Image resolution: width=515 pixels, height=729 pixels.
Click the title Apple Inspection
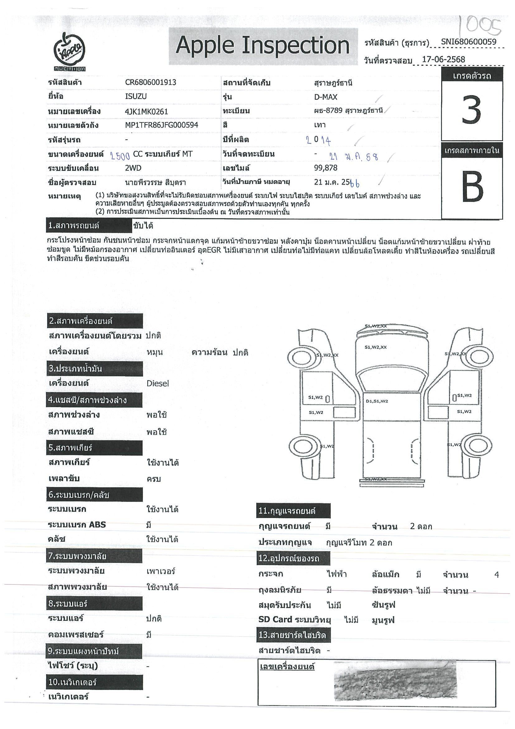(262, 45)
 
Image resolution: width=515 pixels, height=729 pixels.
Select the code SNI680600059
(468, 42)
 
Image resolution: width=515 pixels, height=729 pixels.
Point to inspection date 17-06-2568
(443, 60)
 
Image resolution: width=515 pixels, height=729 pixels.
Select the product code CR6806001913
(150, 83)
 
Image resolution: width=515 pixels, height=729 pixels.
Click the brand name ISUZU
(136, 97)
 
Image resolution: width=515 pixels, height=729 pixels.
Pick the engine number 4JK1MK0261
(146, 112)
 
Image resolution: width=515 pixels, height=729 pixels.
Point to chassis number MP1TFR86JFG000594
(162, 125)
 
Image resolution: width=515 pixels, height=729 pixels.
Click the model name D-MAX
(326, 97)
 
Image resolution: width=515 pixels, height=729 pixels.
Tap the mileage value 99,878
(326, 168)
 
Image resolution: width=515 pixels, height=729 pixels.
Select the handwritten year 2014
(318, 140)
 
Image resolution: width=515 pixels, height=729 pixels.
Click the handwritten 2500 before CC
(120, 155)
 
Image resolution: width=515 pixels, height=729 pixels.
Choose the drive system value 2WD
(133, 168)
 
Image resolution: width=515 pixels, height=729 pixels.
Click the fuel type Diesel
(157, 384)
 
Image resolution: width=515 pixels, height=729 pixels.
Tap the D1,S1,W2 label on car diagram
(377, 401)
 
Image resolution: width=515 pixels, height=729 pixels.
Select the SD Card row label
(295, 619)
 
